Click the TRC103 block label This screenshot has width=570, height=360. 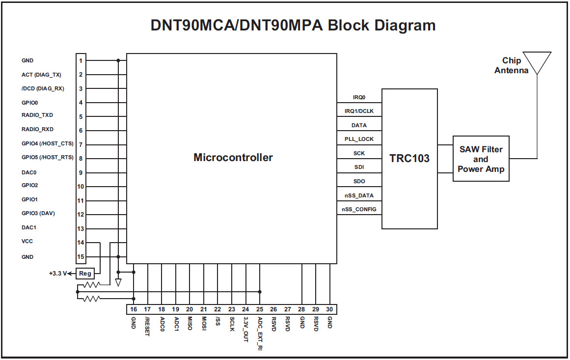(409, 158)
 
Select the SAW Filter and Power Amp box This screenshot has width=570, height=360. (481, 159)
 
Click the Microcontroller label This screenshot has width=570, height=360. (233, 158)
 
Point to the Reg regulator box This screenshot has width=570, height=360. (85, 274)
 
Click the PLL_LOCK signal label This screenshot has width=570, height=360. (359, 139)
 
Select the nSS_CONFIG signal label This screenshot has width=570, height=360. (359, 210)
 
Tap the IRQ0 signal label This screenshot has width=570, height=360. (359, 97)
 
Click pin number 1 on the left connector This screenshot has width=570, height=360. (81, 60)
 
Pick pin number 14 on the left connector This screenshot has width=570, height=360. (81, 243)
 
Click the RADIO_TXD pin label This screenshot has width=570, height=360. (37, 115)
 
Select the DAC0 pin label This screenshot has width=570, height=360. (29, 172)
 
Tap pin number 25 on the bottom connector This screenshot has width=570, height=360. (259, 309)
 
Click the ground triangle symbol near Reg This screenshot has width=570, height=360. (118, 282)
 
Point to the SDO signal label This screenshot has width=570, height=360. (359, 182)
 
